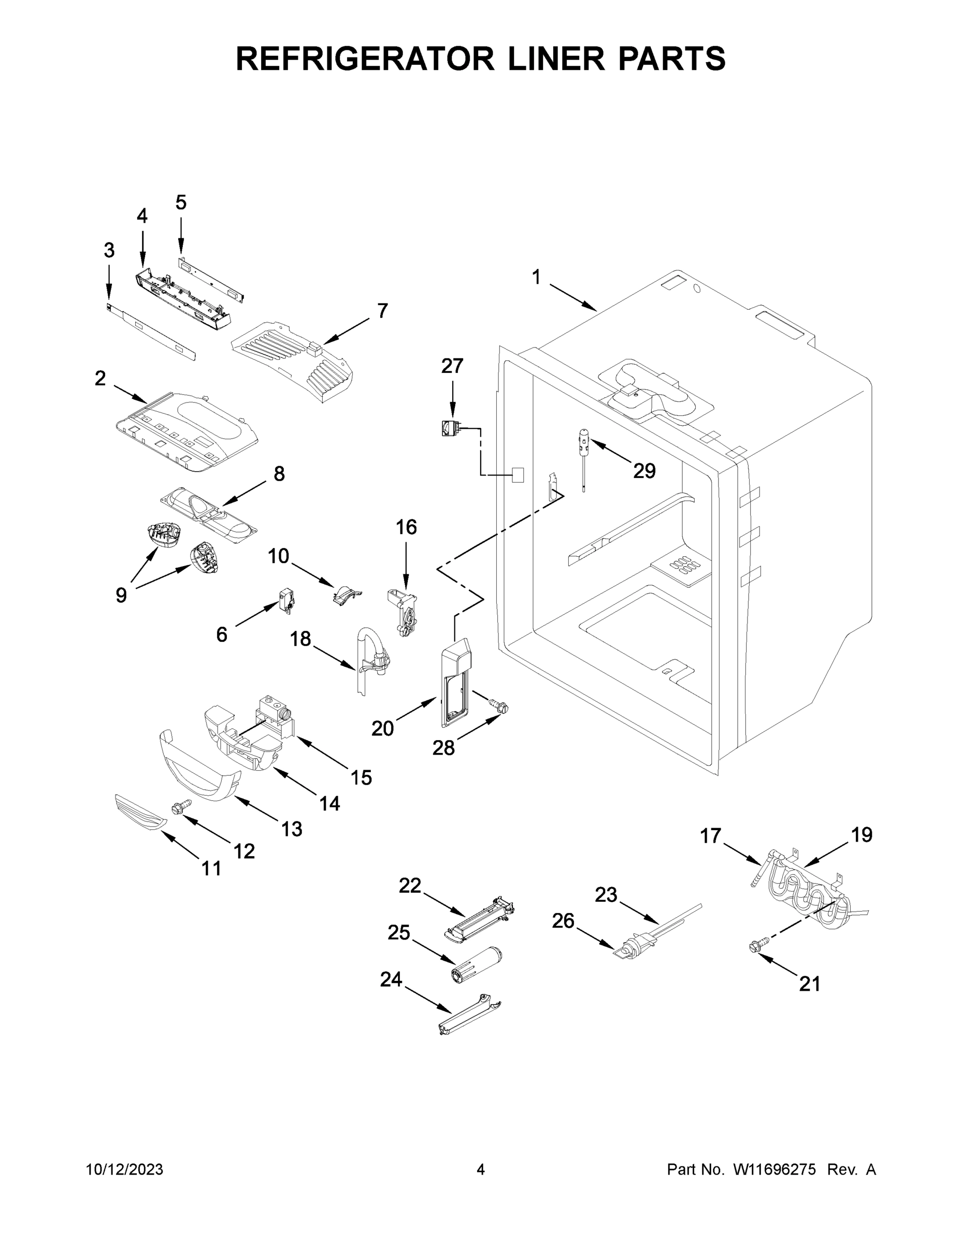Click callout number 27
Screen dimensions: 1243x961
point(452,366)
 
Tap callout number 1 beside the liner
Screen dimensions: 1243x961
point(536,277)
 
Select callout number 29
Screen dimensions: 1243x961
point(644,471)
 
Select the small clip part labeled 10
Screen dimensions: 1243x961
point(345,595)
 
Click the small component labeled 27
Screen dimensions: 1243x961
point(451,428)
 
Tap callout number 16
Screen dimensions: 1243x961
point(406,528)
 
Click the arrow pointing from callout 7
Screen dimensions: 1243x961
point(346,330)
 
